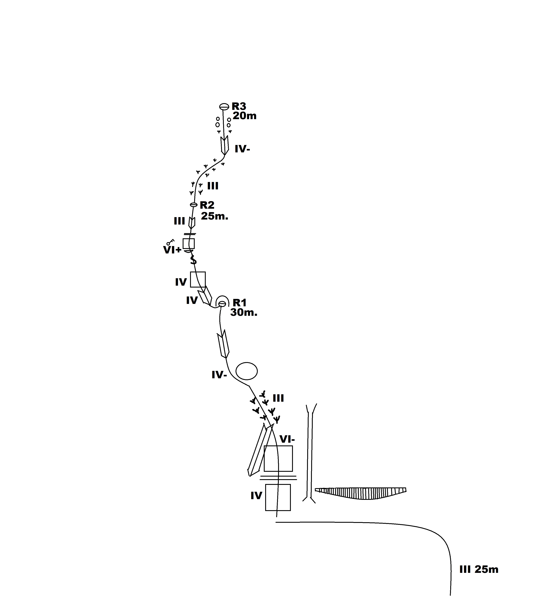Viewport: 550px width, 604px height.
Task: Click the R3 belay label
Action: tap(239, 106)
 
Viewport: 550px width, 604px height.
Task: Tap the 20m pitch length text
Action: tap(244, 116)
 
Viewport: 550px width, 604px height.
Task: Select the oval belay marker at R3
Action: tap(224, 107)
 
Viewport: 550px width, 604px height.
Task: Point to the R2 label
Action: tap(207, 205)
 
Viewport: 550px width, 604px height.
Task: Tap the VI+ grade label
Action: tap(172, 250)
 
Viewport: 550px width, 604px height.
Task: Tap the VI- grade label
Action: tap(287, 439)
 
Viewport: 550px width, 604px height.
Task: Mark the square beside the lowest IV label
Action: tap(278, 497)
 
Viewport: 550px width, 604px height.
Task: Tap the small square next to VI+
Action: tap(189, 244)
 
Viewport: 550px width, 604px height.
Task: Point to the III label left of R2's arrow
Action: tap(179, 221)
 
